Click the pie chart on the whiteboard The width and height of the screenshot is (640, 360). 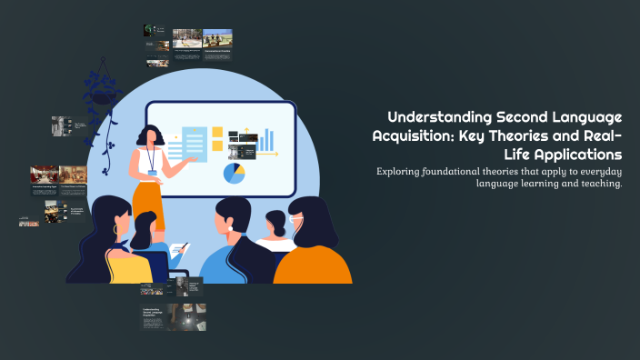(x=235, y=172)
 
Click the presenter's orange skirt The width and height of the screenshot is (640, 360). (x=147, y=205)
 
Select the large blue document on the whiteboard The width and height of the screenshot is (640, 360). (x=194, y=143)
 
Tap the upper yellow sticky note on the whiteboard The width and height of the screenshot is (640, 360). (x=217, y=132)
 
